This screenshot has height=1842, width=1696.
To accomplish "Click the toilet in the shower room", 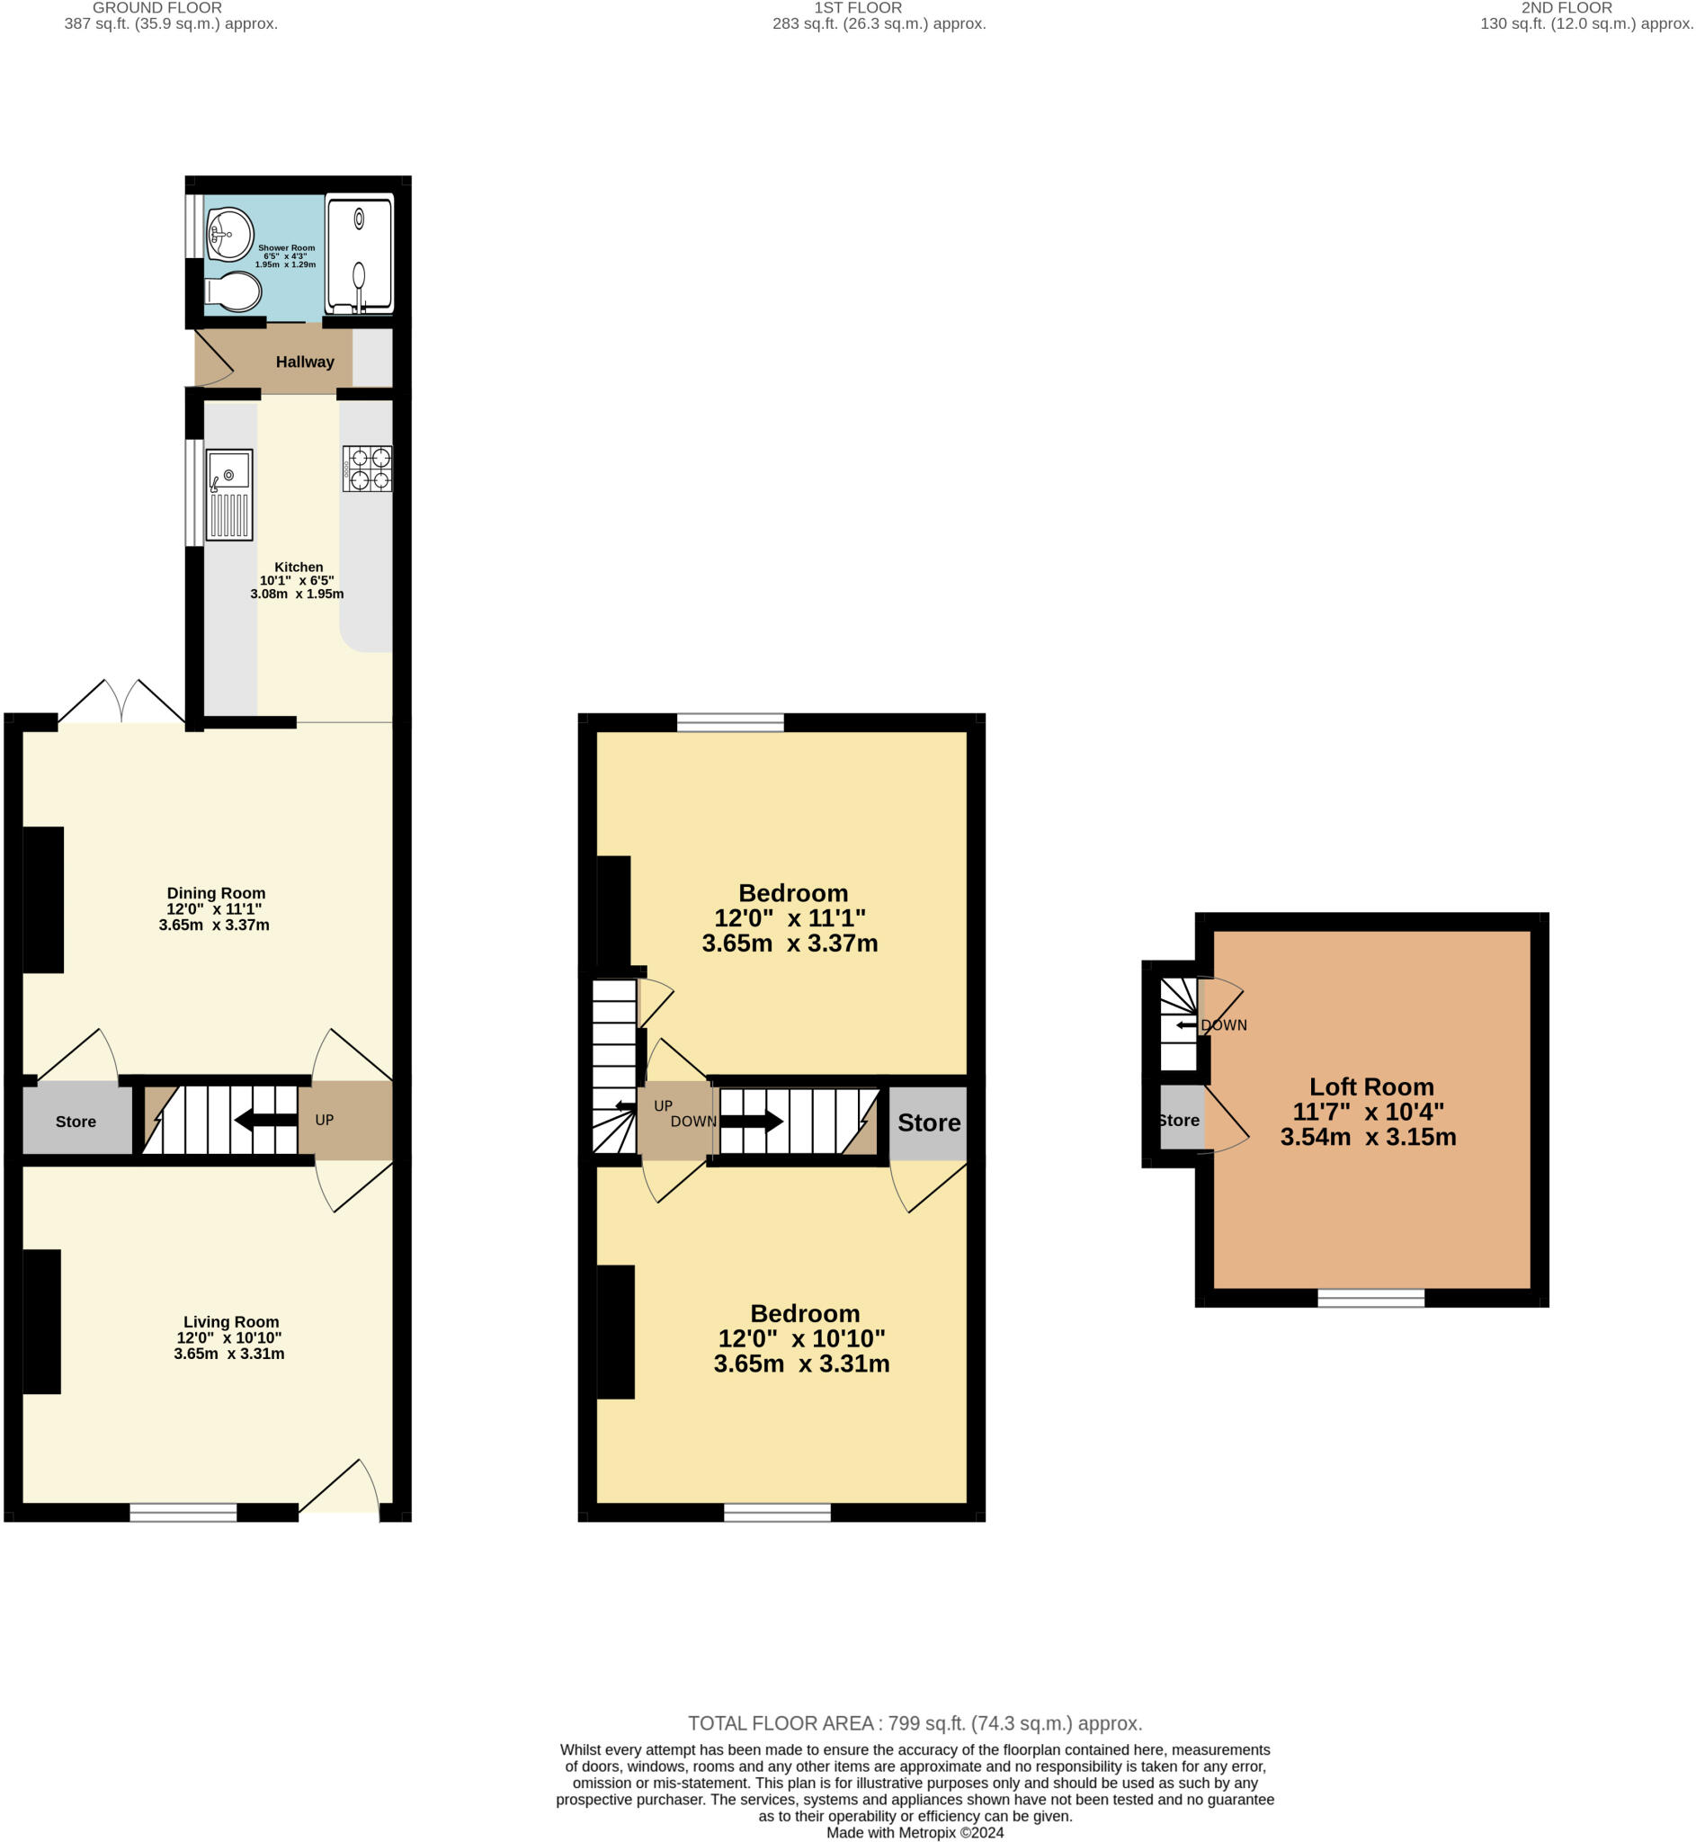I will click(x=235, y=291).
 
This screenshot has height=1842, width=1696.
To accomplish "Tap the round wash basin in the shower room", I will click(x=229, y=233).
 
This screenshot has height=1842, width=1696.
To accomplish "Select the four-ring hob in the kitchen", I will click(x=367, y=468).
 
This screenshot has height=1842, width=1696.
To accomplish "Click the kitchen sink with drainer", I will click(x=228, y=495).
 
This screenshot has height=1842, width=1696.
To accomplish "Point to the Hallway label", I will click(x=305, y=362).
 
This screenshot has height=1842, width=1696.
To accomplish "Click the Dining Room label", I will click(x=216, y=893).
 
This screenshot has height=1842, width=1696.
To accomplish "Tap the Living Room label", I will click(x=230, y=1321).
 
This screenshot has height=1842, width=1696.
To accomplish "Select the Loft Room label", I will click(x=1371, y=1086).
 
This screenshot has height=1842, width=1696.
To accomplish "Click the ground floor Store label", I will click(x=76, y=1122).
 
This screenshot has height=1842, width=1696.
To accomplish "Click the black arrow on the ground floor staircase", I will click(x=265, y=1120).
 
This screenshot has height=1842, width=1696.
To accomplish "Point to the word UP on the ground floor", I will click(x=324, y=1120).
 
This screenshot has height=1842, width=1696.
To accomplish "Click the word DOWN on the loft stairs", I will click(x=1223, y=1025).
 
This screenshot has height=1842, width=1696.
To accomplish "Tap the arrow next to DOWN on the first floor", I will click(x=751, y=1121).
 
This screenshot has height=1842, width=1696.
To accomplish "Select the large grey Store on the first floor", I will click(x=928, y=1122).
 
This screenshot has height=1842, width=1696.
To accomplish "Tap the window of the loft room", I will click(x=1370, y=1298).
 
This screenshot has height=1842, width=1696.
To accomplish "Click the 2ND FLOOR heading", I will click(x=1566, y=8).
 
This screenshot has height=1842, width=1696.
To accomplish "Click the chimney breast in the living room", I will click(x=41, y=1321).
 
